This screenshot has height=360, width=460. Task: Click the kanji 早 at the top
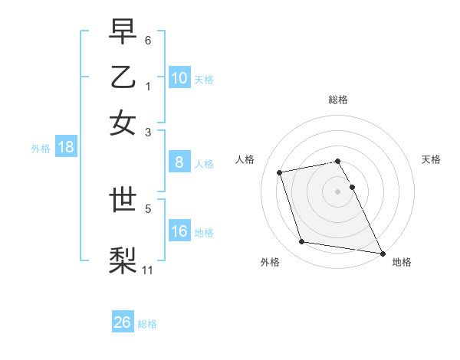point(123,32)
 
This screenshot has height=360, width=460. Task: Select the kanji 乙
point(123,77)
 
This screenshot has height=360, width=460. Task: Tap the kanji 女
point(123,122)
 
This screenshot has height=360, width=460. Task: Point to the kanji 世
point(123,201)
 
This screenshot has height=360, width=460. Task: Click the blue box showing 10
point(179,78)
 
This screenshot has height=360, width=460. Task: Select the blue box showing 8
point(179,162)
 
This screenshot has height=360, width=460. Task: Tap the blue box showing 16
point(179,231)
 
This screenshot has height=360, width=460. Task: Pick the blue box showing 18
point(65,148)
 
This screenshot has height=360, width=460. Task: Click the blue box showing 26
point(123,322)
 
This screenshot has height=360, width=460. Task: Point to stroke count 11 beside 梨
point(148,270)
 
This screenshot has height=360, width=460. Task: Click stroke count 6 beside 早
point(148,39)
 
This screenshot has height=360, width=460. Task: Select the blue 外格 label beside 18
point(41,149)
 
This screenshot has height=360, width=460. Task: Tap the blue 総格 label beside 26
point(147,324)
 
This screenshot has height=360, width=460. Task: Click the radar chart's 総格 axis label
point(338,100)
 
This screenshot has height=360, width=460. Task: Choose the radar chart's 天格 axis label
point(431,159)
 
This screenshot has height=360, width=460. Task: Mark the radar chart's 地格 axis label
point(402,262)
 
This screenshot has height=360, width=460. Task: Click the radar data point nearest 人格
point(280,172)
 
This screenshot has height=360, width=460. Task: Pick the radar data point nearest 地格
point(381,252)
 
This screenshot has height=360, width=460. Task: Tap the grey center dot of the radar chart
point(338,191)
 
